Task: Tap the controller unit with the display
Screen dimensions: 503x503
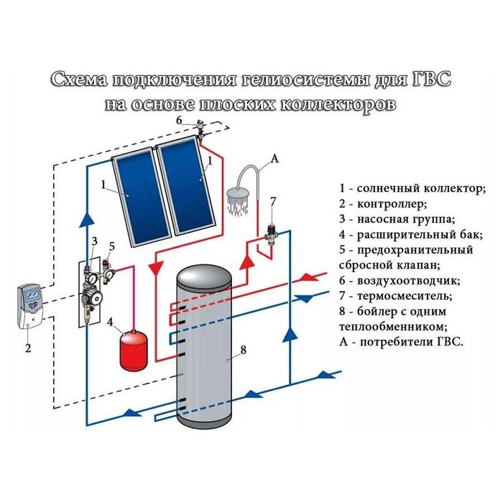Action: (x=31, y=306)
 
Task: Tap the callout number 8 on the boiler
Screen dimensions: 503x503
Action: (x=243, y=350)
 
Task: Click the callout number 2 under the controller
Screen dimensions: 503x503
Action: (x=28, y=349)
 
